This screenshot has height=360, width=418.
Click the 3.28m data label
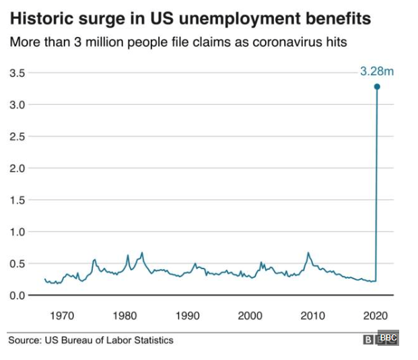point(376,71)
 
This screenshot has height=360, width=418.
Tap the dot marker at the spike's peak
point(377,86)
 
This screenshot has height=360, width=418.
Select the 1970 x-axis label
point(61,315)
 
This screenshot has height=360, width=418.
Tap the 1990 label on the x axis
point(187,315)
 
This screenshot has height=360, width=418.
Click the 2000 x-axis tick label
point(250,315)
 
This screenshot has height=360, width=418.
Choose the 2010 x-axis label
point(313,315)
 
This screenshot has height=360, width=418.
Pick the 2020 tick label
point(376,315)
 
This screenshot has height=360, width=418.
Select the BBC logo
point(381,339)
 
